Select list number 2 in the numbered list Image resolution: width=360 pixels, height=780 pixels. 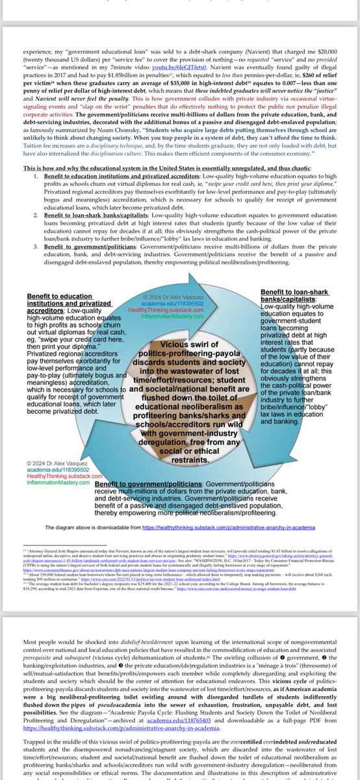click(32, 201)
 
